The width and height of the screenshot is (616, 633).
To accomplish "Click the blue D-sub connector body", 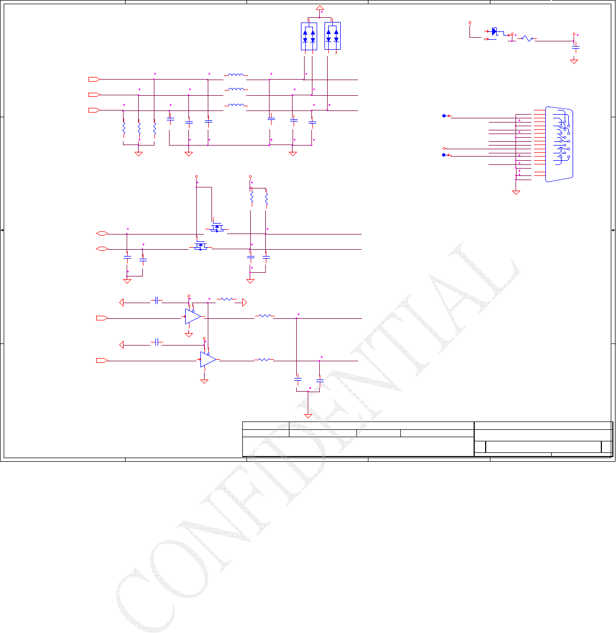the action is click(x=559, y=145).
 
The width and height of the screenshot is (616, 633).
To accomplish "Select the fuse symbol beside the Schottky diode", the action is click(x=527, y=39).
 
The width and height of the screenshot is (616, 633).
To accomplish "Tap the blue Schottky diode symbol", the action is click(x=495, y=32).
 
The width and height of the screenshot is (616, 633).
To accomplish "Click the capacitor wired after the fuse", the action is click(x=576, y=48).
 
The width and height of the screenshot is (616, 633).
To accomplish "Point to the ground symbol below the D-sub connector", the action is click(x=516, y=192).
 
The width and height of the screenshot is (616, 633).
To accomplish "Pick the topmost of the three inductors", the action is click(x=236, y=75).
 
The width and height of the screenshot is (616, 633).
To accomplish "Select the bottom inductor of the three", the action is click(x=236, y=106).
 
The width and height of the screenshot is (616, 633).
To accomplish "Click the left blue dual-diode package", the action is click(x=309, y=36).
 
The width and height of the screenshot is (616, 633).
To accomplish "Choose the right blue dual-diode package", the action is click(x=332, y=36).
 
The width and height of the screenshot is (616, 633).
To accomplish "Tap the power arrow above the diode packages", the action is click(x=320, y=8).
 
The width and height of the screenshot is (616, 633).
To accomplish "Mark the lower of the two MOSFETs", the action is click(x=199, y=246).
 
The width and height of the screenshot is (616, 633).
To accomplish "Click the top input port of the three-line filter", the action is click(x=94, y=80).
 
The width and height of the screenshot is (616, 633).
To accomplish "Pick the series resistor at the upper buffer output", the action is click(x=264, y=316).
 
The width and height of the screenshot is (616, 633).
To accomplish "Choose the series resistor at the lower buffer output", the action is click(x=264, y=360).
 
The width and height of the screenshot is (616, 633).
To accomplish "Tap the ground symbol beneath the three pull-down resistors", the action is click(x=139, y=153).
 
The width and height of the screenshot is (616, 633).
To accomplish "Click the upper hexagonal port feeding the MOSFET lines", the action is click(x=103, y=234).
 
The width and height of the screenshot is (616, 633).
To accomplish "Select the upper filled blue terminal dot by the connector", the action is click(x=444, y=116).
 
